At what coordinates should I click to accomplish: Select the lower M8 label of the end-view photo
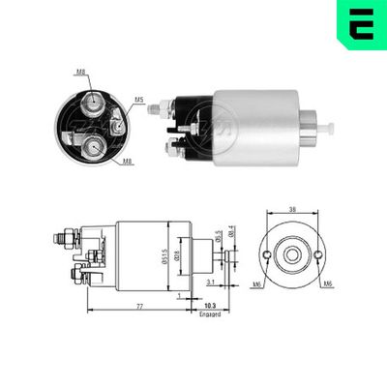[x=128, y=161]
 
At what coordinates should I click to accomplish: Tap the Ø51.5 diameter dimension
[x=167, y=253]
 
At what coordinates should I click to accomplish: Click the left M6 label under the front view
[x=257, y=284]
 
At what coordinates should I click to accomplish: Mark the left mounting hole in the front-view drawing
[x=266, y=256]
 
